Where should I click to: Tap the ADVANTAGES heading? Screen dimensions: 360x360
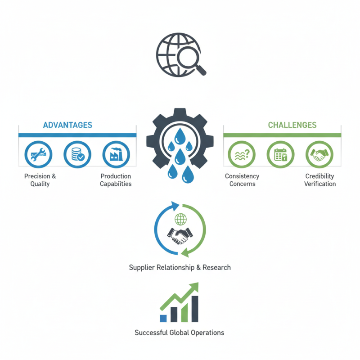(x=67, y=125)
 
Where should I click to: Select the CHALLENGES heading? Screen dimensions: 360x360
(x=292, y=125)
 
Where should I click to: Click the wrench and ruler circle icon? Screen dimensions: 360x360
(x=38, y=155)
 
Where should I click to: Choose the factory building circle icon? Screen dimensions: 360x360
(x=116, y=155)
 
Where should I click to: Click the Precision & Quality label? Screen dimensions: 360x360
(x=40, y=180)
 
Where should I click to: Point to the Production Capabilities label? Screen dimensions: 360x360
(x=116, y=180)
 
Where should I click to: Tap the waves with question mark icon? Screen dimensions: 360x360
(x=242, y=155)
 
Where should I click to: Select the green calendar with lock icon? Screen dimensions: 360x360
(x=281, y=155)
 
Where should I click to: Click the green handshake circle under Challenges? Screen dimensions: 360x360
(x=319, y=155)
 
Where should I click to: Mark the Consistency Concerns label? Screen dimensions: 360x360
(x=242, y=180)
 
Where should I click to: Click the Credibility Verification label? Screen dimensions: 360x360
(x=320, y=180)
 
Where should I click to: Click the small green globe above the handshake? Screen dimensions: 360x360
(x=180, y=220)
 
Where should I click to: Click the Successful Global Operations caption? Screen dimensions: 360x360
(x=179, y=333)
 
